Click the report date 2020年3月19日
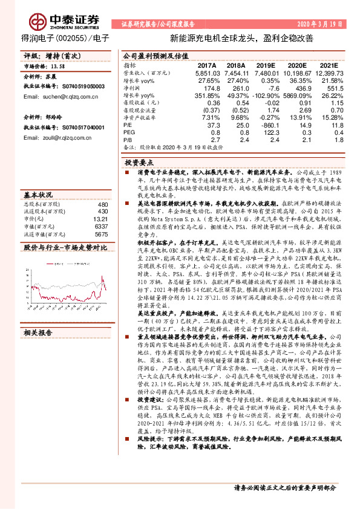[324, 24]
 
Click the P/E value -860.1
[266, 125]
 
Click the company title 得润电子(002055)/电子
[61, 37]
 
